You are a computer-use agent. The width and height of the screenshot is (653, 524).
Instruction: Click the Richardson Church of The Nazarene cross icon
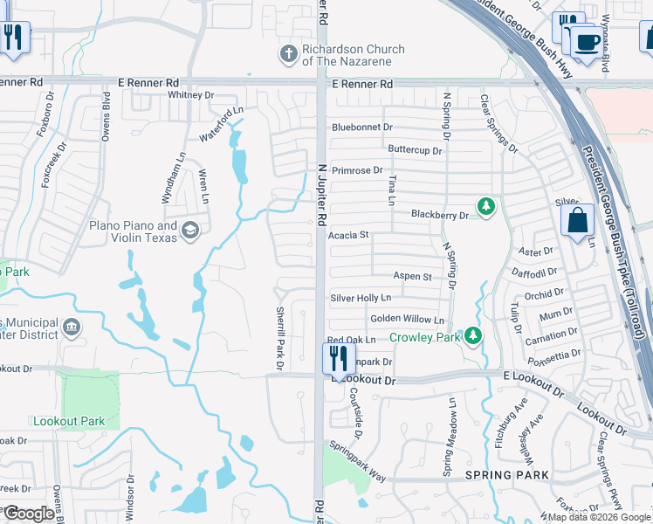point(288,55)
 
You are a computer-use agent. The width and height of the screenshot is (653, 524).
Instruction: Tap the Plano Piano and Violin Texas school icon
point(190,231)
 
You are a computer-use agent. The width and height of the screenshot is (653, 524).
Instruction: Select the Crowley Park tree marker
point(472,336)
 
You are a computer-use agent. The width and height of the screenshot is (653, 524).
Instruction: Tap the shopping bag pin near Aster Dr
point(577,221)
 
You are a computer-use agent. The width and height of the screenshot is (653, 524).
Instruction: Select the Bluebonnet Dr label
point(362,128)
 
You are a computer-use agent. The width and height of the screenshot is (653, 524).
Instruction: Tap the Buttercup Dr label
point(415,150)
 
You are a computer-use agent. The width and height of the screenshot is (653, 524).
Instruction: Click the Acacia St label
point(349,235)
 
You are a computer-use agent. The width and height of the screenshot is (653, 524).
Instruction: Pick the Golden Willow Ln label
point(407,320)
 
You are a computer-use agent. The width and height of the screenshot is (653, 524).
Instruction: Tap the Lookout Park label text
point(69,421)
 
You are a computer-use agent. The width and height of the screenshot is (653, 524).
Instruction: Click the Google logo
point(29,514)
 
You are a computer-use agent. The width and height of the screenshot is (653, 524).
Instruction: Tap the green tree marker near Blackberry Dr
point(486,207)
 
